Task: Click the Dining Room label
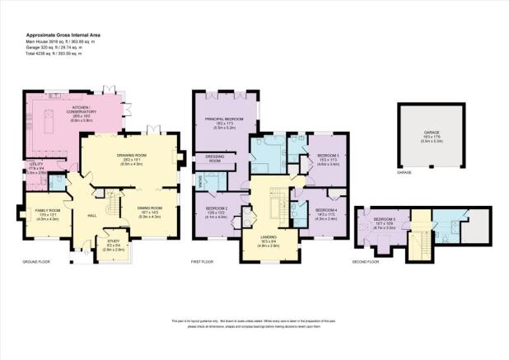coord(148,213)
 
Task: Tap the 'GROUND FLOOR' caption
coord(39,263)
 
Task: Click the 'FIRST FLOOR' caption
coord(204,262)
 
